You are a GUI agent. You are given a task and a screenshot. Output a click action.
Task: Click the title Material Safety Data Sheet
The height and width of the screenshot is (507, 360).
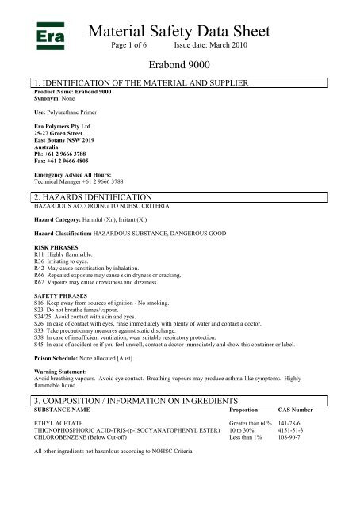(x=180, y=32)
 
